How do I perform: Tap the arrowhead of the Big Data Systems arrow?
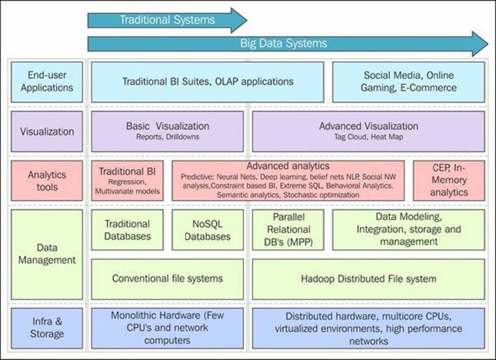[479, 43]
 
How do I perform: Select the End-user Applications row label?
[47, 81]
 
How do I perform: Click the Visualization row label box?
[47, 131]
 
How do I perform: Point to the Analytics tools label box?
[47, 181]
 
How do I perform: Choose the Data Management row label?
[47, 254]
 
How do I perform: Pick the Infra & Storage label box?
[47, 327]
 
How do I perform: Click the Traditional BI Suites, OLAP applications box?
[207, 81]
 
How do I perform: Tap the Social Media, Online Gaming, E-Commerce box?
[408, 81]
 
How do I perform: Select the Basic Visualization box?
[167, 131]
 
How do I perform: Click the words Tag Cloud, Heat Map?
[368, 137]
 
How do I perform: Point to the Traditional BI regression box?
[127, 181]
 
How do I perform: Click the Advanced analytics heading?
[288, 166]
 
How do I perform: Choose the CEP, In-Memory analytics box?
[448, 181]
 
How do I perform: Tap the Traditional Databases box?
[127, 230]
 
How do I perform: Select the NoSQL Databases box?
[207, 230]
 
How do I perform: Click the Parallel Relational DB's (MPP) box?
[288, 230]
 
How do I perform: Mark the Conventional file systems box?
[167, 279]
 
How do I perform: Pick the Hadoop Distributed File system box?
[368, 279]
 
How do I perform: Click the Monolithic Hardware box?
[167, 328]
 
